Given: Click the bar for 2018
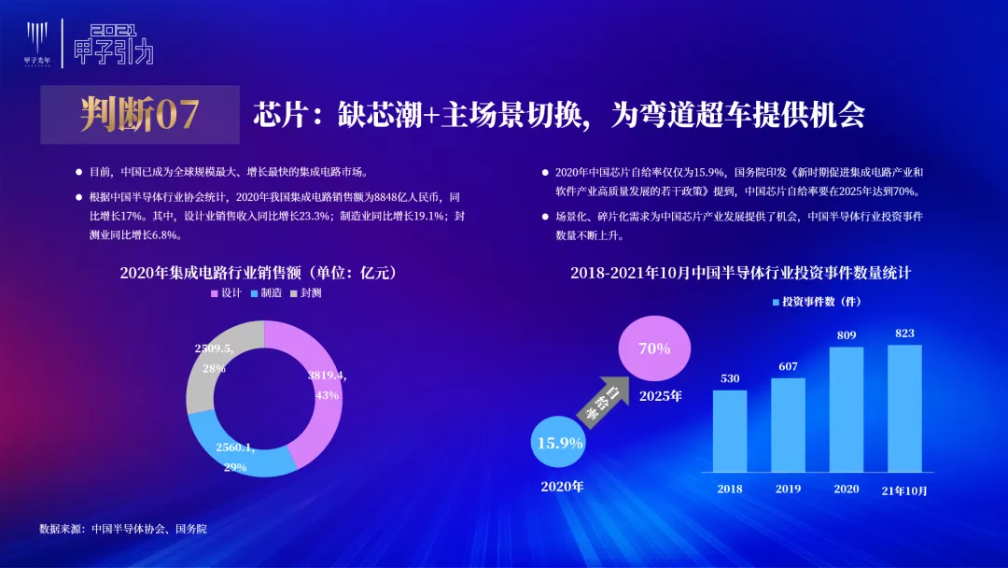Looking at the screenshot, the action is [x=730, y=431].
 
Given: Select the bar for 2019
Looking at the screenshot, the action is [x=788, y=425].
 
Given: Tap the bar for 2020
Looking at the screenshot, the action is [x=847, y=410].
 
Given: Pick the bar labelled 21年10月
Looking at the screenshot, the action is [x=904, y=408].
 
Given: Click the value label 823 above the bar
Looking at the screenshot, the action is [x=904, y=334].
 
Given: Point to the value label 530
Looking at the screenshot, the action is [x=730, y=378].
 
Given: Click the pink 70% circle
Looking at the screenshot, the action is [x=654, y=348].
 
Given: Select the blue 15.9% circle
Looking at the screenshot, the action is [x=559, y=442].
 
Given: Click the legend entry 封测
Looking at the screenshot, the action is [x=306, y=293].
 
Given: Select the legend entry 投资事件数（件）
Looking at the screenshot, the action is [x=817, y=302].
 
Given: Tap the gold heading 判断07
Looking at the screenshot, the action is [x=139, y=115].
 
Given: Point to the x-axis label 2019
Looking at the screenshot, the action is [x=788, y=489].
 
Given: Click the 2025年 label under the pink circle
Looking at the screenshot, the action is [x=660, y=396].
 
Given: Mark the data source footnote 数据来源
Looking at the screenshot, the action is [x=123, y=529].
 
